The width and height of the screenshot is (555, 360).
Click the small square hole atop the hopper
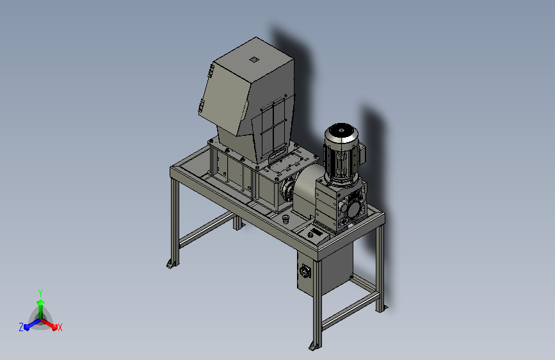[253, 60]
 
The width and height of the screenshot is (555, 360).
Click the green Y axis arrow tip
[40, 302]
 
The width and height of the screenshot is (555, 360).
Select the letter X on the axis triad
[60, 327]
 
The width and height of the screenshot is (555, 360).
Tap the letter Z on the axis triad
[21, 327]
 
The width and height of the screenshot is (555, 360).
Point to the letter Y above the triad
[40, 293]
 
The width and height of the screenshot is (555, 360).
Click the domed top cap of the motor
[341, 131]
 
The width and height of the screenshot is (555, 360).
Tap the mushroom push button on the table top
[286, 218]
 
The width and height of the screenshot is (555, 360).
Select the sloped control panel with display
[314, 234]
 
